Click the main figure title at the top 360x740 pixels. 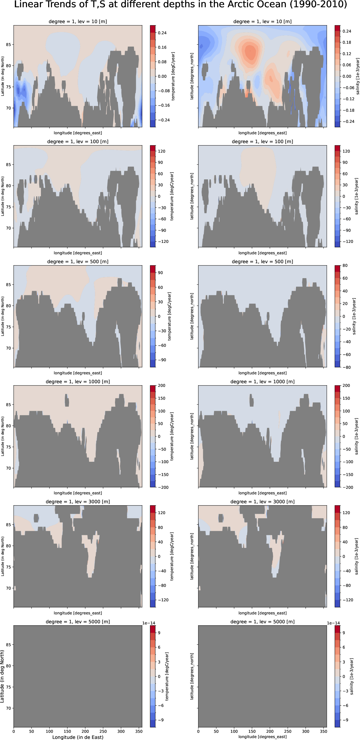tap(180, 5)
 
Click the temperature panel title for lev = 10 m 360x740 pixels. tap(78, 21)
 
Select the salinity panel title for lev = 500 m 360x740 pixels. tap(262, 262)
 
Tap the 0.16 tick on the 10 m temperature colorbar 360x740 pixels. tap(162, 47)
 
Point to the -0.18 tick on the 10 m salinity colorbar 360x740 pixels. tap(348, 110)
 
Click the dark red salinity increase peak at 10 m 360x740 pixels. tap(250, 51)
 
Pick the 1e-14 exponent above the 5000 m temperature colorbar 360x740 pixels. tap(149, 623)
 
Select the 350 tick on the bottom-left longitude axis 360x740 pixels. tap(139, 731)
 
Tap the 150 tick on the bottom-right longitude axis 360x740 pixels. tap(252, 731)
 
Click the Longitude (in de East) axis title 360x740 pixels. tap(78, 737)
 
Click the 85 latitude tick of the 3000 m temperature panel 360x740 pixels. tap(9, 524)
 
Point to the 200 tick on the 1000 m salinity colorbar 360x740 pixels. tap(346, 385)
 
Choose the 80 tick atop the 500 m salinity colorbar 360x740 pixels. tap(345, 265)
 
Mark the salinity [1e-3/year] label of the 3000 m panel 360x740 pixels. tap(357, 556)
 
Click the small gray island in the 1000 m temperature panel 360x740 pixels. tap(67, 401)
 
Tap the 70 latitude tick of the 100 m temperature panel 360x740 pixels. tap(9, 228)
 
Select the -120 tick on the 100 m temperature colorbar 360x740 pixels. tap(163, 241)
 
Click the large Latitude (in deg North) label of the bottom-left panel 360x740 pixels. tap(3, 676)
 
